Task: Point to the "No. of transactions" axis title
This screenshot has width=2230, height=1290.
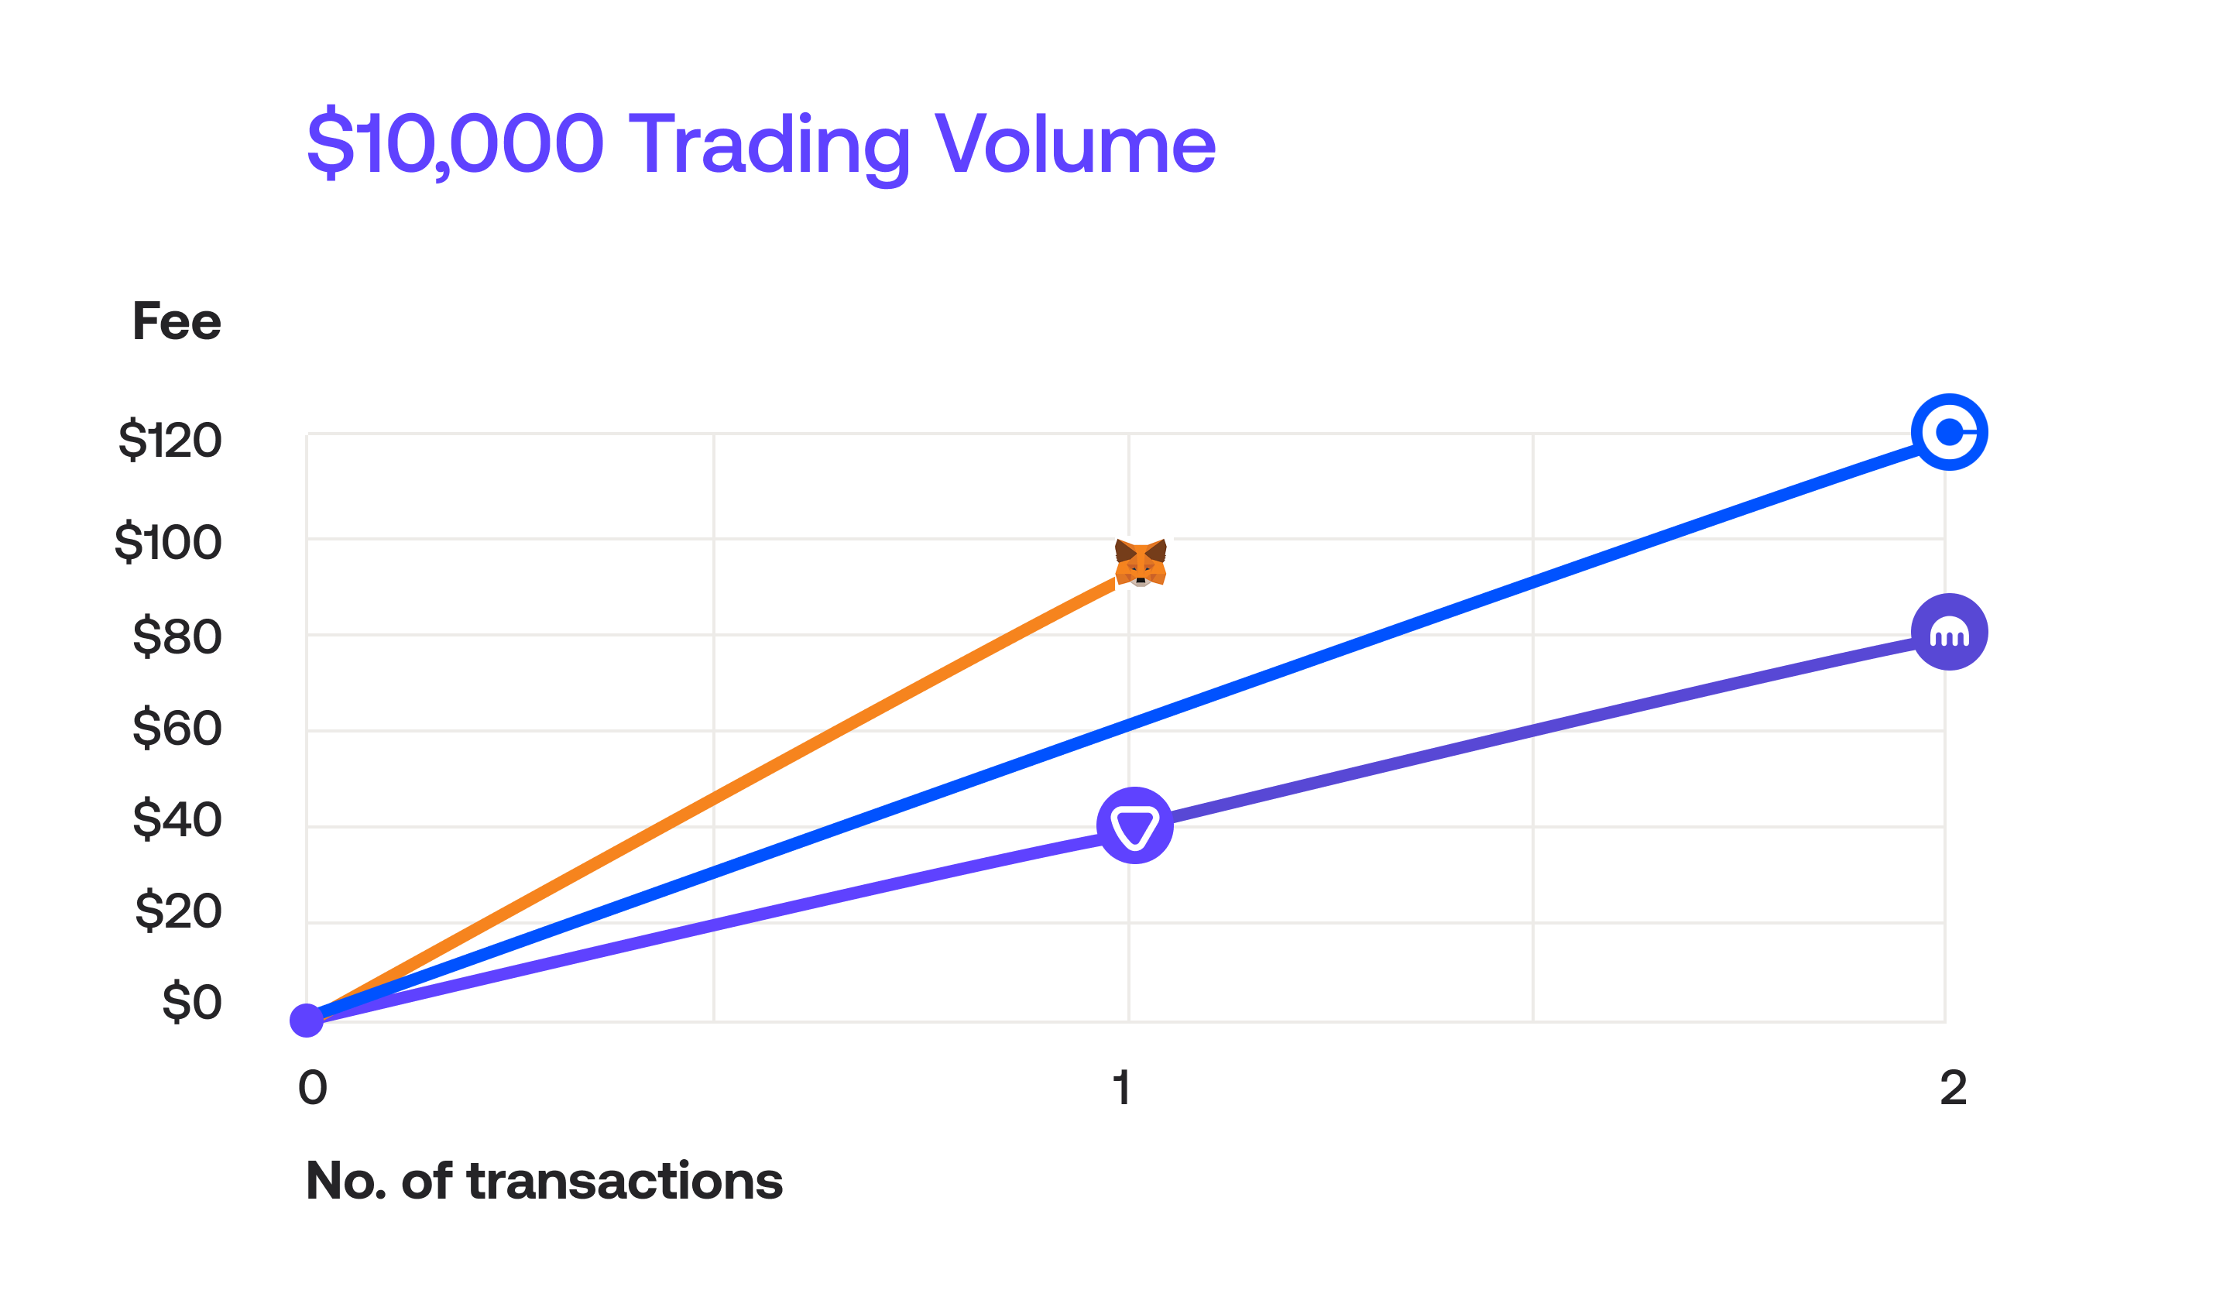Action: point(544,1181)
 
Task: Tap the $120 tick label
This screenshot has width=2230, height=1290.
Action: point(170,440)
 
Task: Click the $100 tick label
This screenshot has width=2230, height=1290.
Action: point(168,542)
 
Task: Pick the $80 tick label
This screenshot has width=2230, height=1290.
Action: point(177,636)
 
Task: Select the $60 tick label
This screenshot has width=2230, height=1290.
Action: point(177,727)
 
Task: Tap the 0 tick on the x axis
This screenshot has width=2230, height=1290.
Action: point(312,1087)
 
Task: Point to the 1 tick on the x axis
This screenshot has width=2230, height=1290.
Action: point(1121,1087)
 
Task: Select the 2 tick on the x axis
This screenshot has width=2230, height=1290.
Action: point(1953,1087)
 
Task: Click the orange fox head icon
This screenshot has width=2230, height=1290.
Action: point(1141,563)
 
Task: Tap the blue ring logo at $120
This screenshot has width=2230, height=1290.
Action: point(1950,432)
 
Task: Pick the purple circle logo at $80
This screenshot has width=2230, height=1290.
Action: point(1950,632)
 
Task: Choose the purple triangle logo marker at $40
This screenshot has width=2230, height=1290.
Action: point(1135,825)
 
